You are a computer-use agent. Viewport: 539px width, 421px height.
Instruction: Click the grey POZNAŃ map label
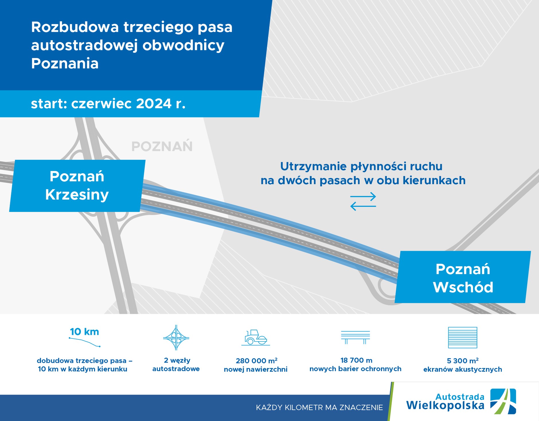162,146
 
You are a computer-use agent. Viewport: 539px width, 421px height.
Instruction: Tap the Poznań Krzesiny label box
77,186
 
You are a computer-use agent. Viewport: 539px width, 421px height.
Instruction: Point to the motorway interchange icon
176,337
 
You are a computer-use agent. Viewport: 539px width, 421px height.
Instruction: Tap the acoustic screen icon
462,337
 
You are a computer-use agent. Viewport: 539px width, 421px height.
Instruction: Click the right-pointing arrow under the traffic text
363,197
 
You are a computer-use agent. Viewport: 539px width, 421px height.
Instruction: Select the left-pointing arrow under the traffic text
363,206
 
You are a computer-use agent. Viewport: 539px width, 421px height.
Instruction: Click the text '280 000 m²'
256,361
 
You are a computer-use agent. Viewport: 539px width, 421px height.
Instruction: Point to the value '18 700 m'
356,360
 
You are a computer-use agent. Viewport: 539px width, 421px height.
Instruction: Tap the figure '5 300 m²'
462,361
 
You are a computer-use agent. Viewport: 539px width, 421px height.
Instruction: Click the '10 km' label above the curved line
85,332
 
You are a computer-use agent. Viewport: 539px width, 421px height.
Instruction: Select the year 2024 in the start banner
154,104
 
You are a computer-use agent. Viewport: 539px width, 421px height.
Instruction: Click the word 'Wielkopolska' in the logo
445,405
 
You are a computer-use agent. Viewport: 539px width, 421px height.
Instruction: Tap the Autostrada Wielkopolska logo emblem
503,401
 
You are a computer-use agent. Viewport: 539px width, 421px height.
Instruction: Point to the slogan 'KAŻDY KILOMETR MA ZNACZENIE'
319,408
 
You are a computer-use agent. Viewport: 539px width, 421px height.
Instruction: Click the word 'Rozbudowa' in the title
75,27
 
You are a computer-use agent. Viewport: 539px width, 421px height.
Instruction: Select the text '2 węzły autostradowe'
176,365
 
